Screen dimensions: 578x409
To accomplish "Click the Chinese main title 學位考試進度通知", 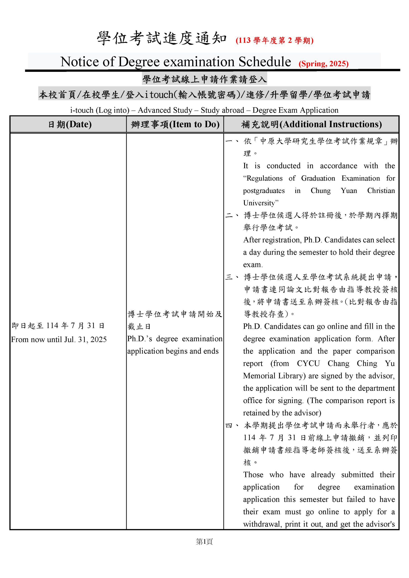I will coord(162,39).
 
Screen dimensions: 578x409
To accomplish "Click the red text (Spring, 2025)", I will coord(323,64).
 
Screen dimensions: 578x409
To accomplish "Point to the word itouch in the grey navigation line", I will coord(159,95).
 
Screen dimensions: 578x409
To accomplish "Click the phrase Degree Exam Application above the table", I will coord(295,110).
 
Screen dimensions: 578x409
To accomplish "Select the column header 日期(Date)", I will coord(70,124).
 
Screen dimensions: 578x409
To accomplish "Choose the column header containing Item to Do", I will coord(175,124).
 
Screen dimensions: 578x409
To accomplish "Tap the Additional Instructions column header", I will coord(311,124).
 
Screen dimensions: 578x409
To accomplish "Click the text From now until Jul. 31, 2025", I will coord(59,340).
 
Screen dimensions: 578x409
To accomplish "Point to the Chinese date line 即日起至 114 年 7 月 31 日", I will coord(58,326).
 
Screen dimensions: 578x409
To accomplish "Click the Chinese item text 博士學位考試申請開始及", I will coord(175,314).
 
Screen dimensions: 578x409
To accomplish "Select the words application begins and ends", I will coord(173,351).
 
